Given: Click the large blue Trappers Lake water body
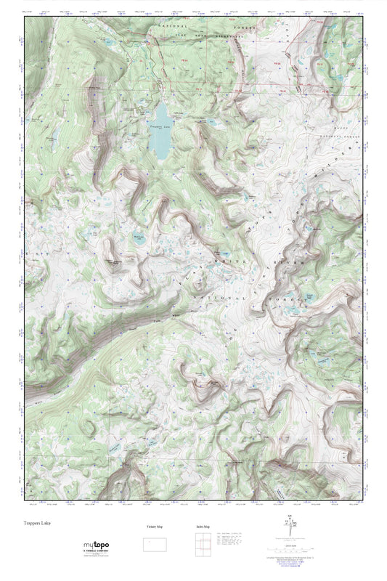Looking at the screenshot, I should click(159, 131).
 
